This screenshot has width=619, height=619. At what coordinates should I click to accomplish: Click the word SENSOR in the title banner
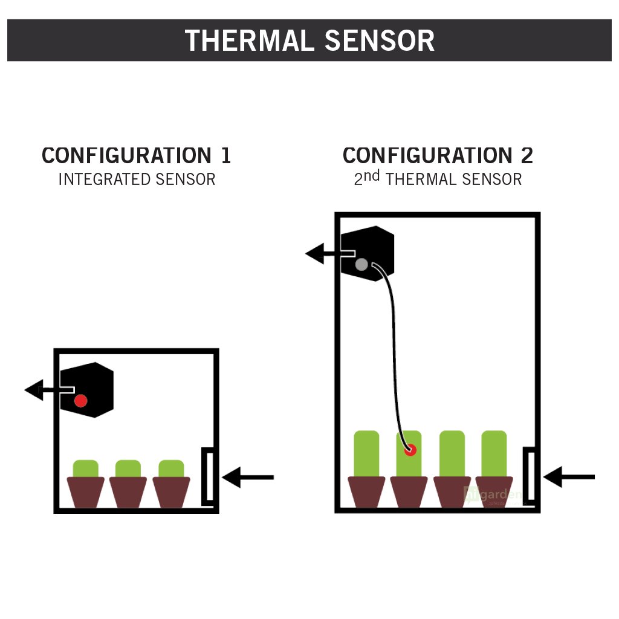click(380, 41)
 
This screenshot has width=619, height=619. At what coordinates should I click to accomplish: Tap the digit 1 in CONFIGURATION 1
click(225, 155)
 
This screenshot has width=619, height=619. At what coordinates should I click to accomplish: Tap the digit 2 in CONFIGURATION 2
click(527, 155)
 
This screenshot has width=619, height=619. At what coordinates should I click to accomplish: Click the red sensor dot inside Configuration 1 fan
click(80, 400)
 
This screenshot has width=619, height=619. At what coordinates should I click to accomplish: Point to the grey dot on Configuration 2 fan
click(361, 264)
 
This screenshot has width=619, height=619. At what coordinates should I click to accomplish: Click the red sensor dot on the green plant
click(410, 450)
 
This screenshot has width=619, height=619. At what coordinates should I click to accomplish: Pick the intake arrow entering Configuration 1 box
click(248, 478)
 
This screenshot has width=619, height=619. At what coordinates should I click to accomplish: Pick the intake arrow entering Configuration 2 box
click(569, 477)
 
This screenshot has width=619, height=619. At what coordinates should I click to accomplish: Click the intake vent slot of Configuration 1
click(207, 475)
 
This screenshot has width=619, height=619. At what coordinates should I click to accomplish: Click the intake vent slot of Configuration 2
click(530, 475)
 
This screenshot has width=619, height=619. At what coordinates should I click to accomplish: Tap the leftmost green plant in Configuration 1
click(86, 468)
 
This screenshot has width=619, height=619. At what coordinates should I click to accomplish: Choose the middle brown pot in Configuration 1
click(128, 491)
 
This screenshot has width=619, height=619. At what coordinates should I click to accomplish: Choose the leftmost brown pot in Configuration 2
click(366, 491)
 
